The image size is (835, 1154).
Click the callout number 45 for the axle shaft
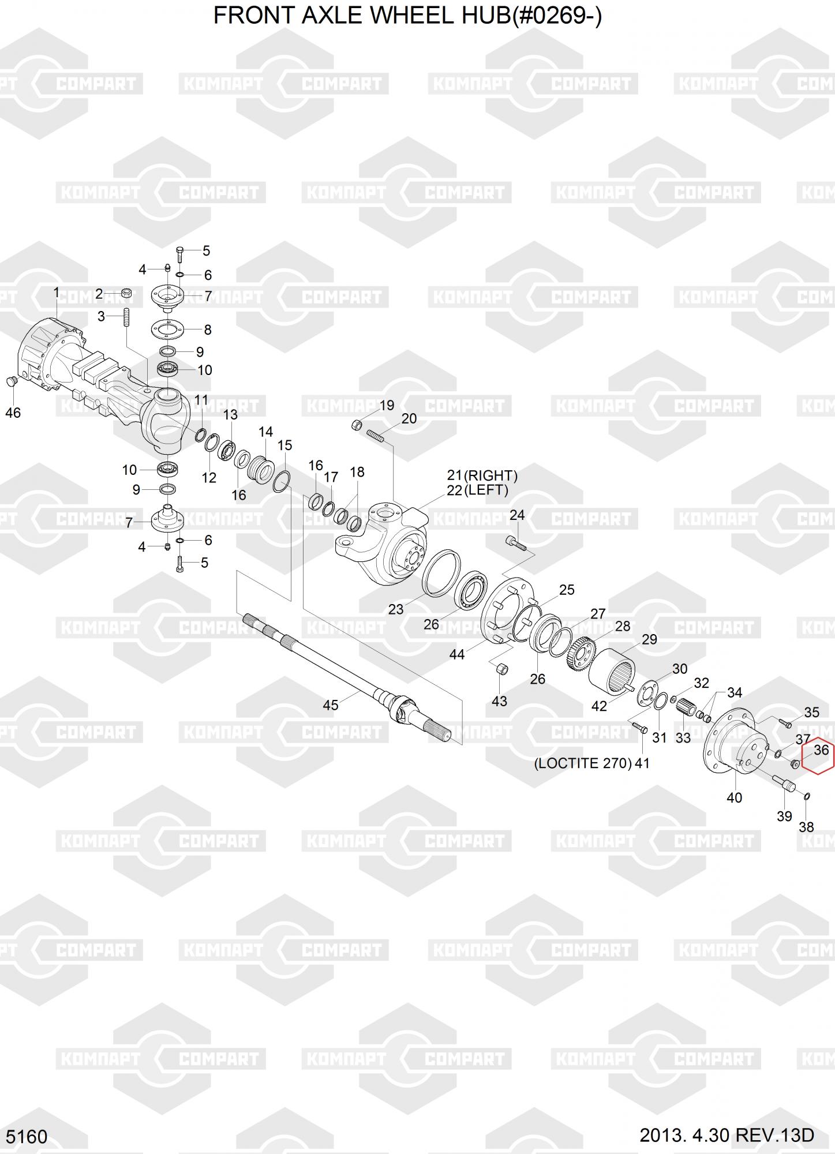(x=330, y=705)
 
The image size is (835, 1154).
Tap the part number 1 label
(x=56, y=293)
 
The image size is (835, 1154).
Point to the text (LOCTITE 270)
(x=583, y=763)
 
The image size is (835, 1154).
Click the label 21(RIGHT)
(x=482, y=475)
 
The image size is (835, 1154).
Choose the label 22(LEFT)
(x=478, y=490)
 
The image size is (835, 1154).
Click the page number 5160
(x=24, y=1136)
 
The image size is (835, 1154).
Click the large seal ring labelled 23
(x=442, y=572)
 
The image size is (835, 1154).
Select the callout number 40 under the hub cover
(x=734, y=797)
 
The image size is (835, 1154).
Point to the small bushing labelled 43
(x=502, y=669)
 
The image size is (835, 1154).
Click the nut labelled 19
(x=357, y=425)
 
